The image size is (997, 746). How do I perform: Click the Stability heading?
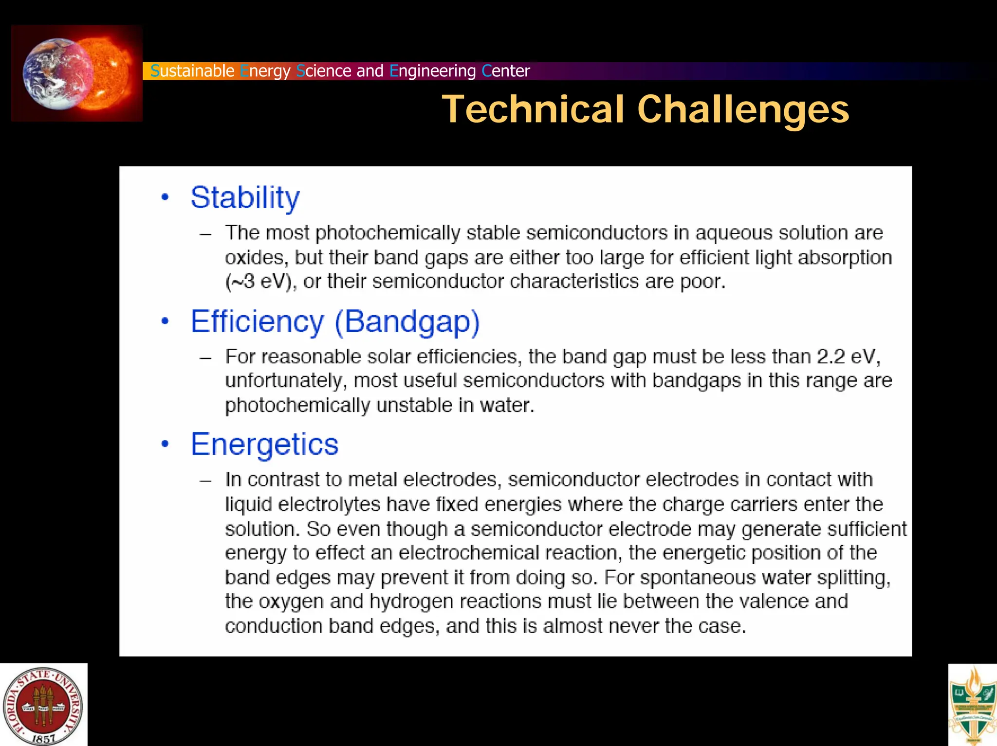[x=245, y=198]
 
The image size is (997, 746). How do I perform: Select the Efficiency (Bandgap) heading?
[x=335, y=322]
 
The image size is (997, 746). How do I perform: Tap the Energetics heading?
[x=264, y=444]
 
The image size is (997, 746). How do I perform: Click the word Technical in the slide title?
[x=533, y=109]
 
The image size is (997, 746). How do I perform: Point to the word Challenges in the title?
[x=743, y=109]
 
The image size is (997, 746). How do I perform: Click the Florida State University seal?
[x=43, y=705]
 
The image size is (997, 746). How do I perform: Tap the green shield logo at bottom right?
[x=973, y=705]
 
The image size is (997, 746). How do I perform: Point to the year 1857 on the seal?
[x=44, y=738]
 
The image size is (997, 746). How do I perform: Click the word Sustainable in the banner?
[x=192, y=71]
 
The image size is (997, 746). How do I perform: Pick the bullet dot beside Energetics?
[x=165, y=444]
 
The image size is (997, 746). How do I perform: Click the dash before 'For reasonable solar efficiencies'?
[x=205, y=358]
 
